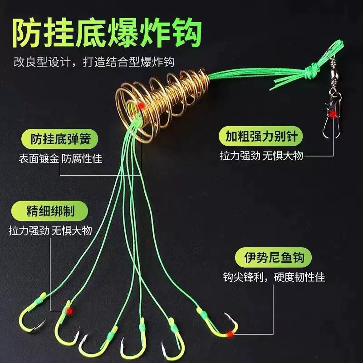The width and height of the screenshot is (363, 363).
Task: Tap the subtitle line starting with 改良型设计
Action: pyautogui.click(x=94, y=62)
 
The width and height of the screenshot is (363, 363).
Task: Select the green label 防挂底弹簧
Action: pyautogui.click(x=59, y=139)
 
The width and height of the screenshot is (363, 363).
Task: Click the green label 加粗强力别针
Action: pyautogui.click(x=260, y=136)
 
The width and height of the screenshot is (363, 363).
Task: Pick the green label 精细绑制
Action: pyautogui.click(x=49, y=211)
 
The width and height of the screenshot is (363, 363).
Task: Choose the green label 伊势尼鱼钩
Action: pyautogui.click(x=274, y=257)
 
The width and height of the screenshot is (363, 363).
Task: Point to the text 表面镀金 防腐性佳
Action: pyautogui.click(x=60, y=159)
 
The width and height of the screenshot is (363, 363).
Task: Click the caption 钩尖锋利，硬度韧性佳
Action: pyautogui.click(x=274, y=277)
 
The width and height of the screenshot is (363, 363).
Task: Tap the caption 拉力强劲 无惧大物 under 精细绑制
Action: pyautogui.click(x=50, y=231)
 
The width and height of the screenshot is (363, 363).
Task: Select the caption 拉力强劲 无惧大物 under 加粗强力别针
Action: pyautogui.click(x=261, y=156)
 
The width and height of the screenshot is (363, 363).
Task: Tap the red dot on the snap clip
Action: pyautogui.click(x=333, y=114)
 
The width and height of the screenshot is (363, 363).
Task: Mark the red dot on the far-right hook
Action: pyautogui.click(x=230, y=334)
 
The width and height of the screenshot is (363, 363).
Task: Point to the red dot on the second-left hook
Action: pyautogui.click(x=69, y=311)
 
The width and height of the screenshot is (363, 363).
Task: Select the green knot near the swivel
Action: pyautogui.click(x=311, y=70)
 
